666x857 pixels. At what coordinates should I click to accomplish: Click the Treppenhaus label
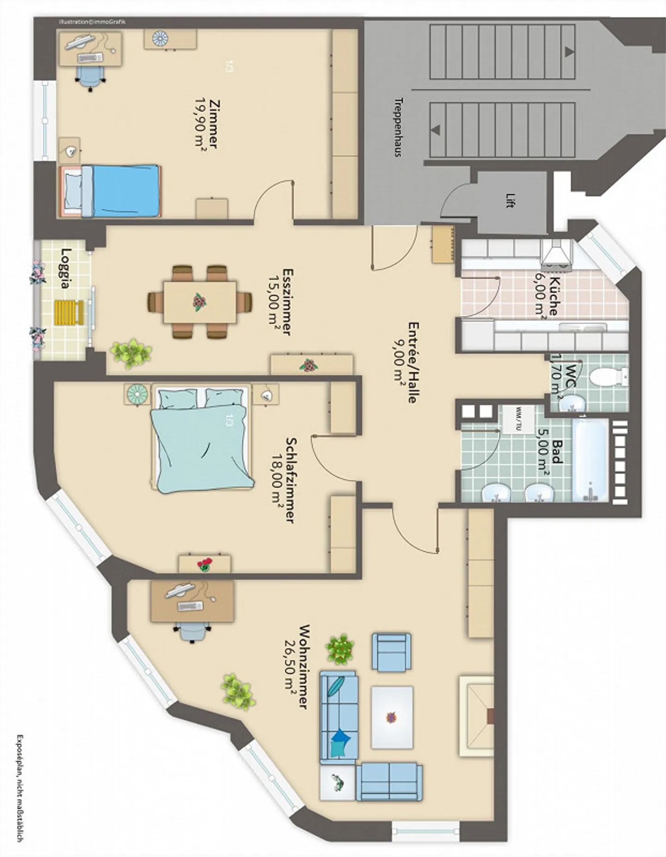[x=398, y=127]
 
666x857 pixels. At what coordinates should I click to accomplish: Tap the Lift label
[x=510, y=200]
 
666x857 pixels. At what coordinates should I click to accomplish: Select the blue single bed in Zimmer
[x=111, y=191]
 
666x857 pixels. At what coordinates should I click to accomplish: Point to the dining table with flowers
[x=200, y=302]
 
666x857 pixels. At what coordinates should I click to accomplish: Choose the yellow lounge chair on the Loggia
[x=70, y=312]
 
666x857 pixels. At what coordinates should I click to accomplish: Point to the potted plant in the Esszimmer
[x=131, y=354]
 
